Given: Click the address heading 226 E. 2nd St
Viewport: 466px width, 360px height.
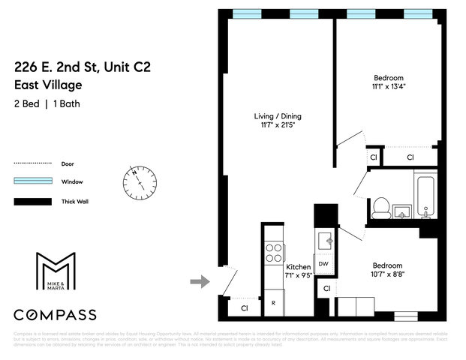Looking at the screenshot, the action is [x=82, y=67].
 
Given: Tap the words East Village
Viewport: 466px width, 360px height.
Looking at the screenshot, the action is [x=46, y=85].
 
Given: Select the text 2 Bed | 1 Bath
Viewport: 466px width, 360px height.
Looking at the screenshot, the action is [x=47, y=103].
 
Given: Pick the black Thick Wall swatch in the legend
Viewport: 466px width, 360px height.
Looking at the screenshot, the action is [x=32, y=201].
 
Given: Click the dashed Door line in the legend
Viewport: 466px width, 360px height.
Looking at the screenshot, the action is [x=32, y=163].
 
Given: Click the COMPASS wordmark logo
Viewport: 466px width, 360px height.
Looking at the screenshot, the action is [x=66, y=314].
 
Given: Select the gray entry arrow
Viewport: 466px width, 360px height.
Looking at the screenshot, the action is [x=199, y=281].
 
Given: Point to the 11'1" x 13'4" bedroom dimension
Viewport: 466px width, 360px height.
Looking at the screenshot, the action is [x=389, y=87].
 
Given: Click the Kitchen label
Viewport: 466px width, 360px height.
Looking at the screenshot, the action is [x=298, y=267].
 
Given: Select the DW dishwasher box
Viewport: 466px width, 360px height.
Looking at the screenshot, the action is [x=323, y=264].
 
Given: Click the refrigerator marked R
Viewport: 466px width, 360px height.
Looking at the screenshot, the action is [x=273, y=303].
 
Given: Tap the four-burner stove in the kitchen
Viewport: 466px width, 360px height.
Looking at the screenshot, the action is [x=273, y=252].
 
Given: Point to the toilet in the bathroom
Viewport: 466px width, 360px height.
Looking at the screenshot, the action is [x=381, y=205].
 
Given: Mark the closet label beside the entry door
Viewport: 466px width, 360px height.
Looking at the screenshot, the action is [x=245, y=307].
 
